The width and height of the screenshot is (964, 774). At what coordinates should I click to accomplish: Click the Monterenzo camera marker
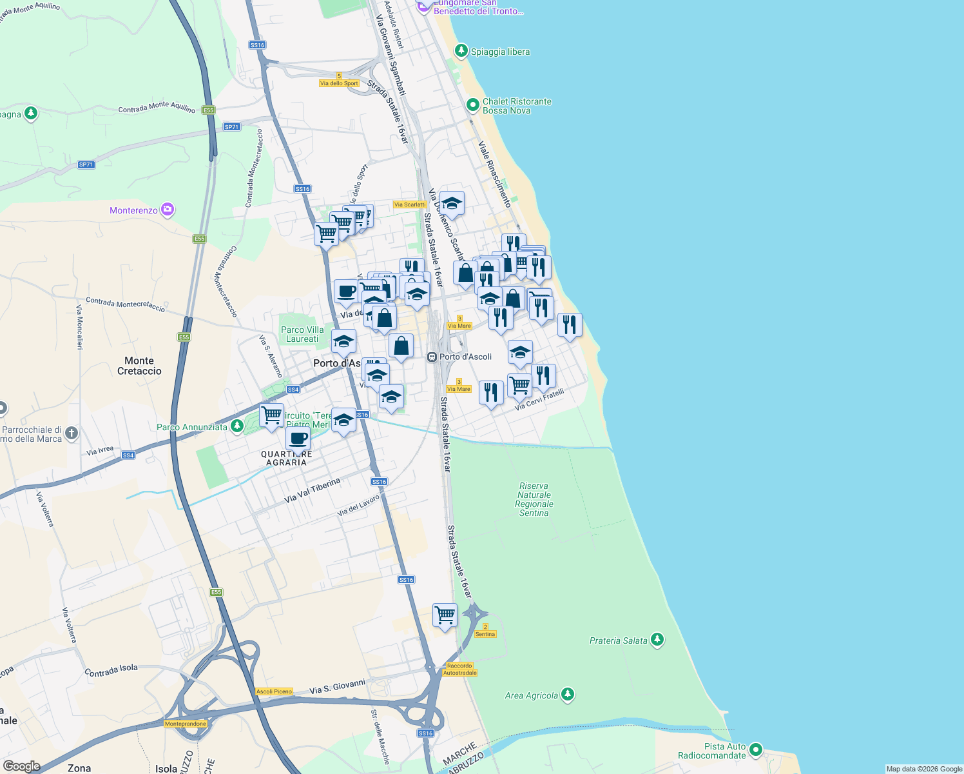coord(168,210)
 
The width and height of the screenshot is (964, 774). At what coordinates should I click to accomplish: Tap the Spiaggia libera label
coord(500,52)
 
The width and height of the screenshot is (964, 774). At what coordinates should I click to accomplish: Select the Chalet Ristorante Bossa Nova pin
coord(472,104)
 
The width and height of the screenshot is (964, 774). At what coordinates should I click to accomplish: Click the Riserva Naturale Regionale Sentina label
coord(534,499)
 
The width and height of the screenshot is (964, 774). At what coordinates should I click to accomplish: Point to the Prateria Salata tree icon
coord(657,639)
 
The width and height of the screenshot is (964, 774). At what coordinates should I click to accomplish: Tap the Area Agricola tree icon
coord(568,694)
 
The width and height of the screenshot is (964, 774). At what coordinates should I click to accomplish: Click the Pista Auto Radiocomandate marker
coord(756,749)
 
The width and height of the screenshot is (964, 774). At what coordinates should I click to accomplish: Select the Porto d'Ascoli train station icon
coord(432,357)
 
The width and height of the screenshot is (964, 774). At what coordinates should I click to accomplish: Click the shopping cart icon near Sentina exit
coord(445,615)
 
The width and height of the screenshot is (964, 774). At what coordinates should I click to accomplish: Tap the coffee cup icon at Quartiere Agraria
coord(298,439)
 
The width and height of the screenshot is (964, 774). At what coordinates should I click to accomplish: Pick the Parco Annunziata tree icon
coord(237,426)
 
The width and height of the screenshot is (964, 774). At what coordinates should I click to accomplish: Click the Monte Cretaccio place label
coord(139,366)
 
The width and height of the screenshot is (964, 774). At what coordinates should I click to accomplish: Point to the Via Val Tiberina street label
coord(312,491)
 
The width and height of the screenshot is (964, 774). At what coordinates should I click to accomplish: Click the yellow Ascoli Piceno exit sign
coord(275,691)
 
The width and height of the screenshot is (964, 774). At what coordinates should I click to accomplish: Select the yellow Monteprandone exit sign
coord(186,724)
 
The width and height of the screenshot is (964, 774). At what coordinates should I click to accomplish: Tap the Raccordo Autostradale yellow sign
coord(460,669)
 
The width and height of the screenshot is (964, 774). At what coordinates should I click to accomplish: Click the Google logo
coord(21,766)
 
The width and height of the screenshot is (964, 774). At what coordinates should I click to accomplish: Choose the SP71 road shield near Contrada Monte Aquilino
coord(232,127)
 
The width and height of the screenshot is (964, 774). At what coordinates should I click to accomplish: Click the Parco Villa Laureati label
coord(302,334)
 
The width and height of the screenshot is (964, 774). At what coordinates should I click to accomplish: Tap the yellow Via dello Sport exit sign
coord(339,83)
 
